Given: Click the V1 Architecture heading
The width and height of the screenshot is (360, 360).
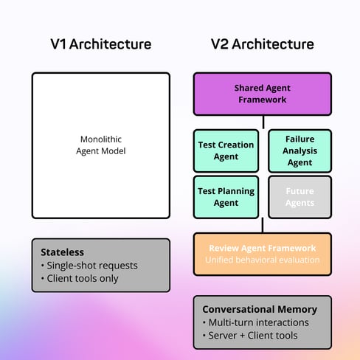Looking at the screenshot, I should [x=100, y=44].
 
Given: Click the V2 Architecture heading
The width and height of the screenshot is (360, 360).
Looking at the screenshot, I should [x=263, y=44].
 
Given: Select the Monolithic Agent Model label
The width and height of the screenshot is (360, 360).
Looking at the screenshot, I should [x=100, y=145].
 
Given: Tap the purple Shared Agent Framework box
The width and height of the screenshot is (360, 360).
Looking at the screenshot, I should [x=263, y=94].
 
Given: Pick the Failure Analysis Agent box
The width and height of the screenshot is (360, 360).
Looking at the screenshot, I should [x=300, y=150].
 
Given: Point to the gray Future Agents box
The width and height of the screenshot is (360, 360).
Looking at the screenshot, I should [x=300, y=197].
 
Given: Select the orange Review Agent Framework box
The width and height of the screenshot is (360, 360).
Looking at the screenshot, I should [x=263, y=254].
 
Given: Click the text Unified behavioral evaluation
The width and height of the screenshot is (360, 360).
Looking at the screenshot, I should [x=263, y=260].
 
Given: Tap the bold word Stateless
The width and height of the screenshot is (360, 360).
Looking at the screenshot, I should [x=63, y=252].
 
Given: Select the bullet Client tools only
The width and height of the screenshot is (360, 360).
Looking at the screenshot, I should [x=83, y=278].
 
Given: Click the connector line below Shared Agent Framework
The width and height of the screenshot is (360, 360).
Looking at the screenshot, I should [x=263, y=122].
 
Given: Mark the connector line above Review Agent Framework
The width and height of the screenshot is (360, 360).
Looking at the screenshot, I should [x=263, y=225].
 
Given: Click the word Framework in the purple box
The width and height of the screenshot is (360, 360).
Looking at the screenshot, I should [x=263, y=100].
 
